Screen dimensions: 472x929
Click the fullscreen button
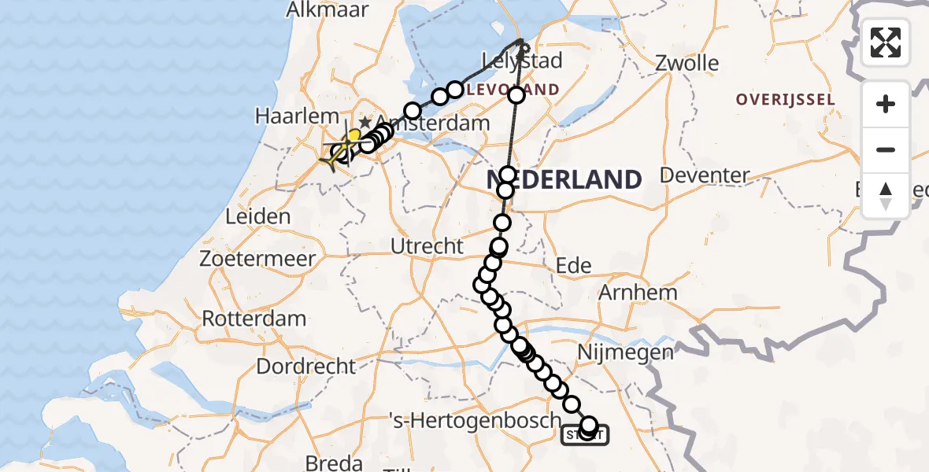(886, 42)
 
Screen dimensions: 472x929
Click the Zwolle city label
(687, 63)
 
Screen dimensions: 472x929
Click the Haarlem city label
(285, 116)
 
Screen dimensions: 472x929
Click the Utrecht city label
(427, 246)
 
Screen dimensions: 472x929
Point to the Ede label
(573, 266)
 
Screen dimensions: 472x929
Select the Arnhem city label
(638, 293)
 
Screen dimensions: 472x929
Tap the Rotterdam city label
(254, 319)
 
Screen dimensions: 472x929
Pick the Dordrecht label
(306, 366)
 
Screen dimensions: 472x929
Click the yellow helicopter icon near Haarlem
(340, 152)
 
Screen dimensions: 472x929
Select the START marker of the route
(584, 435)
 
